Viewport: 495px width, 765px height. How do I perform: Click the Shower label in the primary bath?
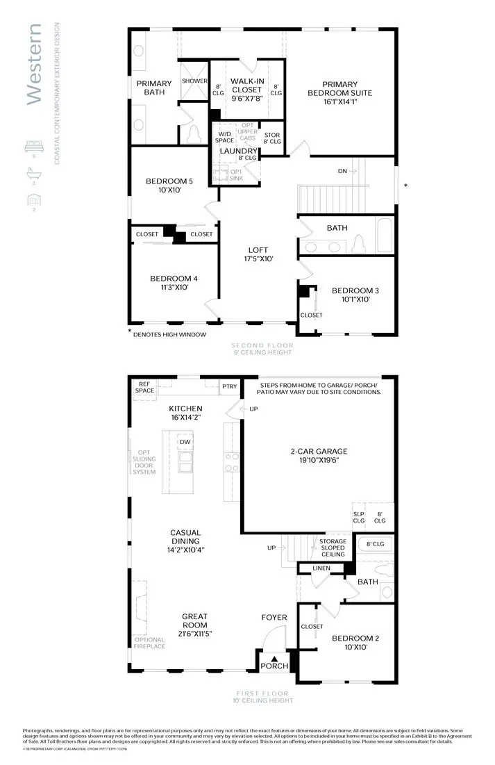(x=194, y=81)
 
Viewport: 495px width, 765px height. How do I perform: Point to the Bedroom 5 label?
(x=169, y=186)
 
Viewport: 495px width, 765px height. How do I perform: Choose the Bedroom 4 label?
(x=174, y=283)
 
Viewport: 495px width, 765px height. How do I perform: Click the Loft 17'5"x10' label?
(x=258, y=254)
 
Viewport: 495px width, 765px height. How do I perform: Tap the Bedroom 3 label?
(x=355, y=295)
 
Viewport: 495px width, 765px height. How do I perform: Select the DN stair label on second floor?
(x=343, y=170)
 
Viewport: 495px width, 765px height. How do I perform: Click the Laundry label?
(x=238, y=151)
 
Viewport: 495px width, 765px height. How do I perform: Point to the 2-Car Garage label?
(x=319, y=456)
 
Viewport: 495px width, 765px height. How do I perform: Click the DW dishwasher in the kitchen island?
(x=185, y=442)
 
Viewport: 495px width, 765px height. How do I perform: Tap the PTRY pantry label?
(x=228, y=387)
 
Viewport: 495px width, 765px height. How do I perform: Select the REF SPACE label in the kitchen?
(x=145, y=387)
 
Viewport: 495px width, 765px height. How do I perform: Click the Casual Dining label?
(x=185, y=541)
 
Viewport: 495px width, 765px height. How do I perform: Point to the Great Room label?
(x=194, y=620)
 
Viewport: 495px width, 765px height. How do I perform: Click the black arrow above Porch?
(x=274, y=658)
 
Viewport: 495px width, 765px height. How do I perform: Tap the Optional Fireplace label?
(x=149, y=643)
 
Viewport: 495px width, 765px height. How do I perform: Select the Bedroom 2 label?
(x=355, y=642)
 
